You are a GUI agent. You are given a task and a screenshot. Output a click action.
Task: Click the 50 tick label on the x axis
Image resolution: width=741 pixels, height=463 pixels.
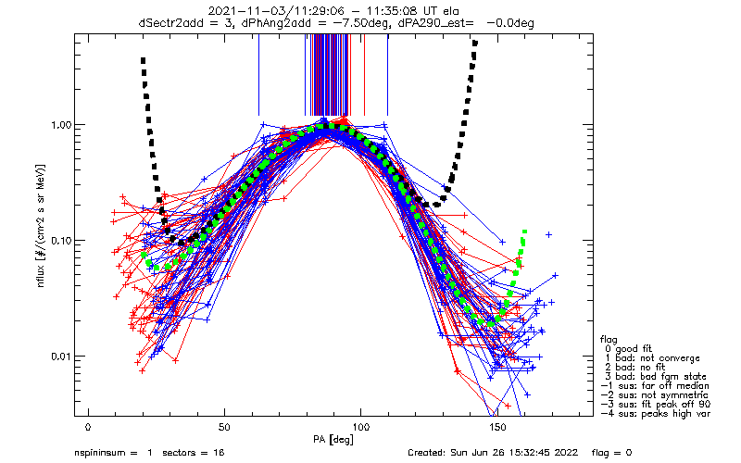(224, 427)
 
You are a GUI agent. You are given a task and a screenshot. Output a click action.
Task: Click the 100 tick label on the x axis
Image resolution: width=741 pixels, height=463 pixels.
(361, 427)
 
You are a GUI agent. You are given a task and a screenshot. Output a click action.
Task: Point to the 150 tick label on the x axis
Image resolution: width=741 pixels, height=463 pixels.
(497, 427)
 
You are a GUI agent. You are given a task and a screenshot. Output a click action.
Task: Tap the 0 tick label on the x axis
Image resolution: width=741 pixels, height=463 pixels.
(88, 427)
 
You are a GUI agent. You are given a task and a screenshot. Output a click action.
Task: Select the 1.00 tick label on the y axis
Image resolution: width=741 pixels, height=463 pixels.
(61, 125)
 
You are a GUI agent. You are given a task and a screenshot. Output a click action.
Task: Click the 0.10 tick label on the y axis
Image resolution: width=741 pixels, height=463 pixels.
(61, 241)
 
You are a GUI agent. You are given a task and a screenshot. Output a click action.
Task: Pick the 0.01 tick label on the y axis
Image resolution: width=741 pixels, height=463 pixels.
(61, 357)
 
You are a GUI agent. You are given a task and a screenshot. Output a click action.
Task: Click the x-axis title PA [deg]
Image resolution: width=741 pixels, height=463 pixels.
(333, 440)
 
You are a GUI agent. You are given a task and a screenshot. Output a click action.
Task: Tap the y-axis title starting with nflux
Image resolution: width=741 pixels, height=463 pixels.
(41, 226)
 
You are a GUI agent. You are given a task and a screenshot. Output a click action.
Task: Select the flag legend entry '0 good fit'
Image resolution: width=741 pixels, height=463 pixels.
(628, 349)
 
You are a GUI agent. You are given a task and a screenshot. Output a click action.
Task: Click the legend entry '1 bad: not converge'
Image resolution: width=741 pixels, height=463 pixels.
(652, 358)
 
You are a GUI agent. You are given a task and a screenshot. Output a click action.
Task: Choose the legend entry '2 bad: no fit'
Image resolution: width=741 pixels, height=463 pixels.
(634, 367)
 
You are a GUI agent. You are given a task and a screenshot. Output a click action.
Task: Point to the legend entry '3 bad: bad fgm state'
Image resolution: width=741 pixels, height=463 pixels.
(656, 377)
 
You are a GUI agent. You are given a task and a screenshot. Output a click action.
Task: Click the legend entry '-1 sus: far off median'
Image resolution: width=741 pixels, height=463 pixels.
(655, 385)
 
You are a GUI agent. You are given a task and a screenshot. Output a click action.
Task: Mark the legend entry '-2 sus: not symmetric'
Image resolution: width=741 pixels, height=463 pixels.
(655, 395)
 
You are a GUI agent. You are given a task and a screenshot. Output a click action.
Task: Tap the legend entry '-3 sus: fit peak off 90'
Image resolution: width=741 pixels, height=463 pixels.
(656, 404)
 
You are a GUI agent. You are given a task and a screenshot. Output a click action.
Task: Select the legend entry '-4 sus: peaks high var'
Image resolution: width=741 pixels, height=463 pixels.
(656, 413)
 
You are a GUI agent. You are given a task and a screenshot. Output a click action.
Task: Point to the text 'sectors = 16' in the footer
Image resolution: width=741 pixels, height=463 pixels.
(194, 453)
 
